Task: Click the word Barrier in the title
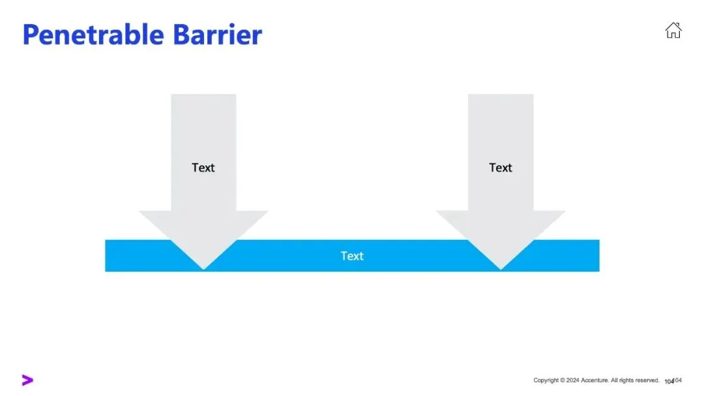218,35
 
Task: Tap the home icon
673,30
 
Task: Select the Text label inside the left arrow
203,167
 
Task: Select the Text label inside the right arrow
501,167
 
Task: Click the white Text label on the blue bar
352,256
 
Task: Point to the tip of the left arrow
204,268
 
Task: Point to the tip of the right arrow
501,268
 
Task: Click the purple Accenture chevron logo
27,380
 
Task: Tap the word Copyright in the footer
546,380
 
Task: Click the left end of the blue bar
108,256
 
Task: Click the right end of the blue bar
596,256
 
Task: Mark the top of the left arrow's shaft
203,96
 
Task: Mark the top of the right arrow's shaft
501,96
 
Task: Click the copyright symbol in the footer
563,380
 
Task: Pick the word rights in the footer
625,380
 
